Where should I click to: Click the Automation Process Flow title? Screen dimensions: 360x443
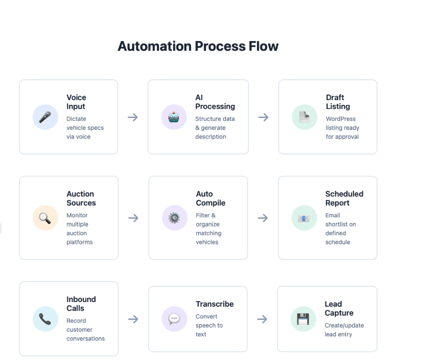point(198,46)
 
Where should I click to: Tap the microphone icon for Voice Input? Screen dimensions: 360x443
point(45,117)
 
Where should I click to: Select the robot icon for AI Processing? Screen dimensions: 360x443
point(174,117)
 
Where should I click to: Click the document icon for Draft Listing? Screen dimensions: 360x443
point(304,117)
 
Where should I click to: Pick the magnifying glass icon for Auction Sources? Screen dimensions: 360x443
point(45,218)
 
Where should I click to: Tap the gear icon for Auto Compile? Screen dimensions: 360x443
point(175,218)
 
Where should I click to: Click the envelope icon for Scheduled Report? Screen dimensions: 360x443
point(304,218)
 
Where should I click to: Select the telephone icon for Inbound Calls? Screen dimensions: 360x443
point(45,319)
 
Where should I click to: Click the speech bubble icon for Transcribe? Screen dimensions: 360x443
point(174,319)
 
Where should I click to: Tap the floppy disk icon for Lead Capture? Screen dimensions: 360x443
point(303,319)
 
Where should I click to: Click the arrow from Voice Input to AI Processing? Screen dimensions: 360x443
point(133,117)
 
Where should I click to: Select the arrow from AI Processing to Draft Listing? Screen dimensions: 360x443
point(263,117)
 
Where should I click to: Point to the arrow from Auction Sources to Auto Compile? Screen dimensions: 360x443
point(133,218)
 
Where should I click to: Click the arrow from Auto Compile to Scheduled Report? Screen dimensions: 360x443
point(263,218)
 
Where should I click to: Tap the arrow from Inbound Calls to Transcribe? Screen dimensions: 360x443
point(133,319)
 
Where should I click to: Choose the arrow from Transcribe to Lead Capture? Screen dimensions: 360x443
point(262,319)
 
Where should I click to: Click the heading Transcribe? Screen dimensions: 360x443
point(215,304)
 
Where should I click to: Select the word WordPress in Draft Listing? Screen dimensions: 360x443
point(340,119)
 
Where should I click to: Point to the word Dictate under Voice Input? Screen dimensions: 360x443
point(76,119)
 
